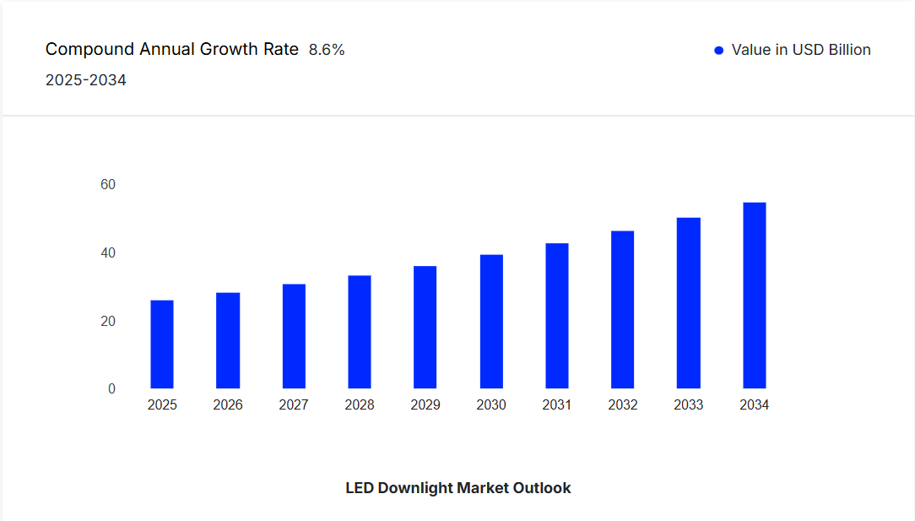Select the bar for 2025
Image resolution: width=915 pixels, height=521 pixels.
(x=162, y=345)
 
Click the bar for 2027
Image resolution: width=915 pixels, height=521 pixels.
(x=294, y=336)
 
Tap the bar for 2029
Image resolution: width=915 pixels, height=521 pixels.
(x=425, y=328)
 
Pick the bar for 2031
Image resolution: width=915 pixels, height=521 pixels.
(x=557, y=316)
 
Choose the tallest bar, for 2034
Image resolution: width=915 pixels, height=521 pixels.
(x=755, y=296)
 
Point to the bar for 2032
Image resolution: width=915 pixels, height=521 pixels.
(x=623, y=310)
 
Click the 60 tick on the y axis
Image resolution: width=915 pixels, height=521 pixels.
(x=108, y=185)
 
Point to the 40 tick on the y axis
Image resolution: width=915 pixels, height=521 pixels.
(x=108, y=253)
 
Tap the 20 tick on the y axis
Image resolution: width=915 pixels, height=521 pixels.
(x=108, y=322)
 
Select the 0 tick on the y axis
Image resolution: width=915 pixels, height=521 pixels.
(x=111, y=389)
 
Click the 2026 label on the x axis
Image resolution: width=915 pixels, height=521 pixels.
(x=228, y=405)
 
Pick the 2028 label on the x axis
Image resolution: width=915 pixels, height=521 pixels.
(x=360, y=405)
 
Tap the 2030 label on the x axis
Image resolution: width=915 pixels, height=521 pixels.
(x=491, y=405)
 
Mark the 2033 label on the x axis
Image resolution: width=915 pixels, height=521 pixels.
(x=689, y=405)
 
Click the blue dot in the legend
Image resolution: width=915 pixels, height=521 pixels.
(x=719, y=51)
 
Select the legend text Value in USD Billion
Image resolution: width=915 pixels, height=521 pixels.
(x=801, y=50)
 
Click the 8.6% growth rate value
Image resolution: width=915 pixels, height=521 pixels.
(x=327, y=50)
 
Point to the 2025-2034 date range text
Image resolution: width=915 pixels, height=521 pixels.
(x=86, y=81)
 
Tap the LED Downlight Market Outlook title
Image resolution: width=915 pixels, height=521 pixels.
(x=458, y=488)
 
